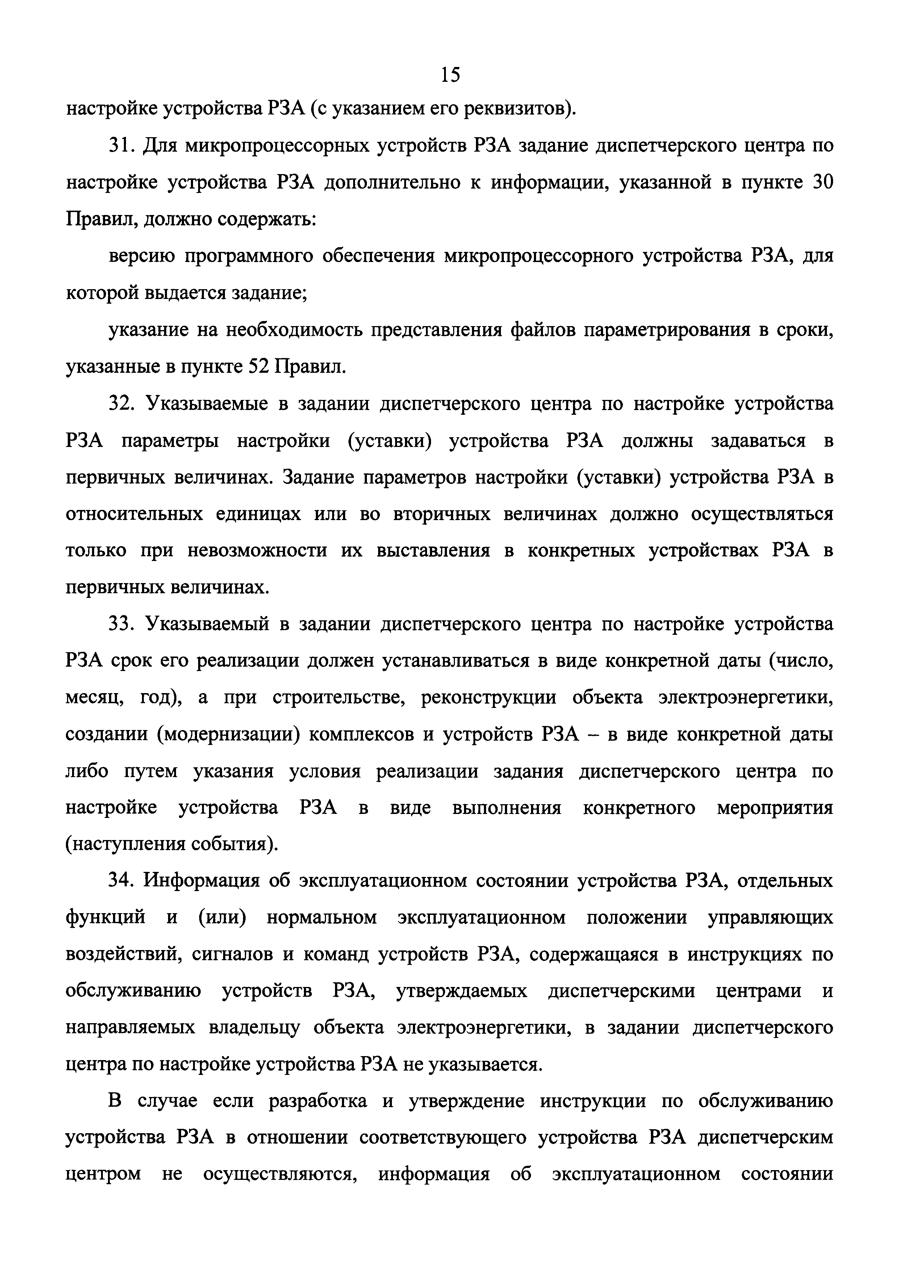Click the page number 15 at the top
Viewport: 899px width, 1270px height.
click(450, 75)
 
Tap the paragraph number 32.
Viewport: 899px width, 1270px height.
click(121, 404)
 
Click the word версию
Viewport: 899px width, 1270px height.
click(142, 257)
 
